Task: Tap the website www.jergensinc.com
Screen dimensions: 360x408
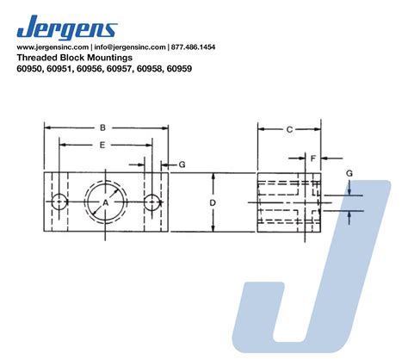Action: [53, 47]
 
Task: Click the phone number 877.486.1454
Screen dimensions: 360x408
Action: [195, 47]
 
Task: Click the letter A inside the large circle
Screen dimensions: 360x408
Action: [107, 202]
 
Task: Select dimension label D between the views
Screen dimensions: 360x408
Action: [212, 202]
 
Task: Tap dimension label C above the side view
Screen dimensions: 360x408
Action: [288, 129]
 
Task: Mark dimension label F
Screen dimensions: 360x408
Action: [313, 158]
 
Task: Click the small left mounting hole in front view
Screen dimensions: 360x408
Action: [59, 202]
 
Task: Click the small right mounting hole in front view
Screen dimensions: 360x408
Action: [152, 202]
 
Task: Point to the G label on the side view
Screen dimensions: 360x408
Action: [349, 173]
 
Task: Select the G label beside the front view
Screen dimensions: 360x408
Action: [181, 163]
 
